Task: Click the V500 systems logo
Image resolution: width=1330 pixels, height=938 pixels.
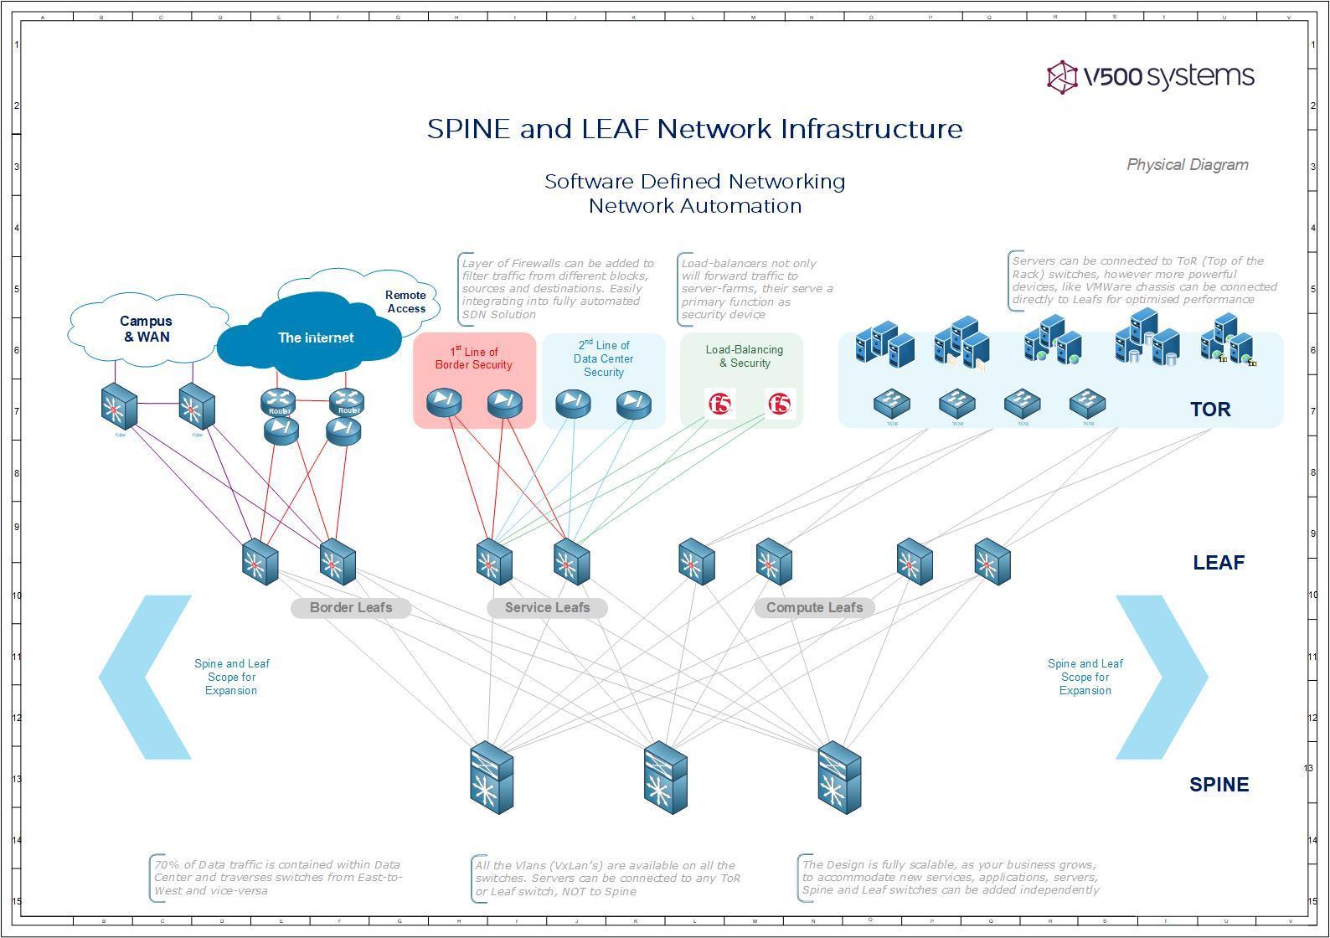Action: (x=1150, y=76)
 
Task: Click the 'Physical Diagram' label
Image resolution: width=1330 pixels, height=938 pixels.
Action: (x=1187, y=165)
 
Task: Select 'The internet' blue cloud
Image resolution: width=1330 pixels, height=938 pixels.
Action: (x=315, y=338)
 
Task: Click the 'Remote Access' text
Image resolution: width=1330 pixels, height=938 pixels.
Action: (x=405, y=301)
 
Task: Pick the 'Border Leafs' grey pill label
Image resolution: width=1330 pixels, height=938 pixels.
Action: (x=351, y=608)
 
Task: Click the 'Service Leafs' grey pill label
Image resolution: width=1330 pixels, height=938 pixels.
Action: (x=547, y=608)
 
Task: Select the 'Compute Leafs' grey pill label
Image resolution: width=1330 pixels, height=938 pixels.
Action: (x=814, y=608)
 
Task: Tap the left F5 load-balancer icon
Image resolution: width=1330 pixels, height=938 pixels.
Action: (x=719, y=405)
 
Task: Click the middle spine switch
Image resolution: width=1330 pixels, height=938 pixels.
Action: (x=666, y=778)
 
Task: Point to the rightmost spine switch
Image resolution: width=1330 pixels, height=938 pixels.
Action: (x=840, y=778)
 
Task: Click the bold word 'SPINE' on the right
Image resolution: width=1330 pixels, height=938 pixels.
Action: (x=1219, y=785)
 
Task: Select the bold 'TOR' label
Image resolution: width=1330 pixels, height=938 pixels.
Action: (x=1210, y=410)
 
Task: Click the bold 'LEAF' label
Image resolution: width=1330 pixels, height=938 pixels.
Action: (x=1218, y=563)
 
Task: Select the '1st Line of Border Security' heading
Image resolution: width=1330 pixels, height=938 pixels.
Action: (x=474, y=358)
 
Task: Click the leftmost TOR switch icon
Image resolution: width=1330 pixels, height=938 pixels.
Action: (x=892, y=404)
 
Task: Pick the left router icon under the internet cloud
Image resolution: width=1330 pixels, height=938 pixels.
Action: (x=279, y=401)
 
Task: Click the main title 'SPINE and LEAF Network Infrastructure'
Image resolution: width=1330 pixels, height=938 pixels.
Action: (x=694, y=129)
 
